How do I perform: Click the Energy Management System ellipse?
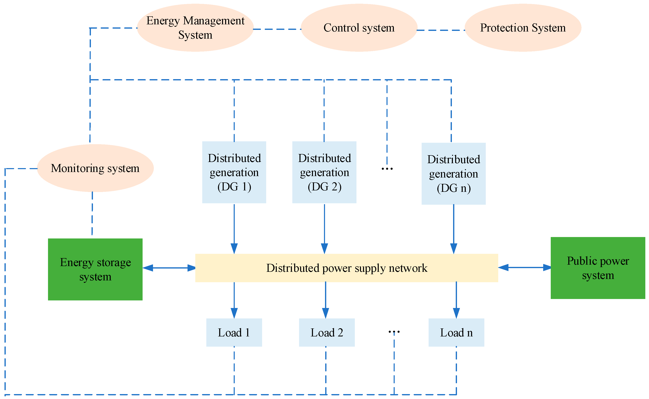coord(195,27)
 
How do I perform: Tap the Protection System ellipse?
coord(523,27)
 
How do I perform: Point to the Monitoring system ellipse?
coord(95,168)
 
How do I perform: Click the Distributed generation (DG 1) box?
coord(234,172)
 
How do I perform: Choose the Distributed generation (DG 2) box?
coord(324,172)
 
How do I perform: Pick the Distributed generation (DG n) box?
coord(454,174)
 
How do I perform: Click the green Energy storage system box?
coord(95,269)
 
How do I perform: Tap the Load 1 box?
coord(234,333)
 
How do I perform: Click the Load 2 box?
coord(327,333)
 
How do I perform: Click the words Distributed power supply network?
coord(346,268)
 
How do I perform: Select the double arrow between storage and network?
coord(169,268)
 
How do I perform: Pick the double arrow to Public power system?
coord(524,267)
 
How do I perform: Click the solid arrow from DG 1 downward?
coord(234,228)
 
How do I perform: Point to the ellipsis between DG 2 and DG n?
coord(387,168)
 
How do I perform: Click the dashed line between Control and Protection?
coord(441,30)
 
